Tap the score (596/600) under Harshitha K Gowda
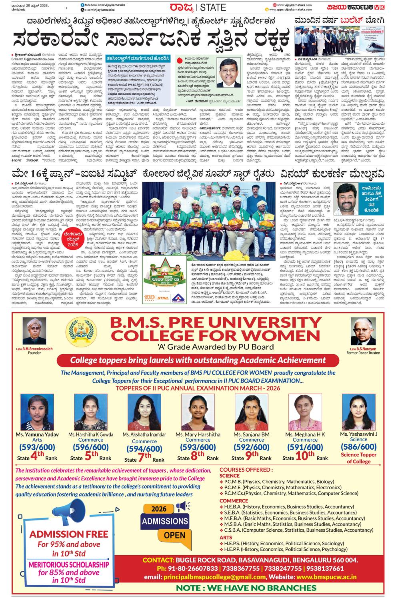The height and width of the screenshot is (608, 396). (x=91, y=447)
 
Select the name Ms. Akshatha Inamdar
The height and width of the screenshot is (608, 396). (x=144, y=435)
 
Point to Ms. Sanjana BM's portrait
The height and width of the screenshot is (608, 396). (x=252, y=412)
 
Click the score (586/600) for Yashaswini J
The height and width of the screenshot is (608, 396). (x=358, y=447)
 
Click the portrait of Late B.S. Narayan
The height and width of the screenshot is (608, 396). (x=363, y=331)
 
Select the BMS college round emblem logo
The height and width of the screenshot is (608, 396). (x=83, y=331)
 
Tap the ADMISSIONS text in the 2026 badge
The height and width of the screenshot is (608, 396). (x=165, y=521)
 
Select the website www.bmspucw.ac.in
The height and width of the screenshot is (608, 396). (x=326, y=577)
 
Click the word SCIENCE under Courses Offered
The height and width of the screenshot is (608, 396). (x=229, y=476)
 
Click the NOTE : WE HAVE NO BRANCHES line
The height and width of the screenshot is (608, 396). (x=246, y=588)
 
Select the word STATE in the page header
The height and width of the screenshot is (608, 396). (x=213, y=7)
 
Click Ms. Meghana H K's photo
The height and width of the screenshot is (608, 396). (x=305, y=412)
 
